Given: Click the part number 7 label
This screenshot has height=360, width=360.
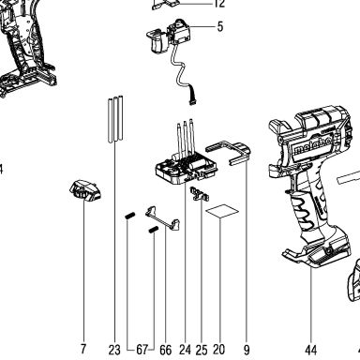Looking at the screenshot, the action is pos(83,349).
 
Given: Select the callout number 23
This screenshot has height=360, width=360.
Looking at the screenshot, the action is pos(114,350).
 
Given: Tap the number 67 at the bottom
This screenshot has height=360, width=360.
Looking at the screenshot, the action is pos(142,350).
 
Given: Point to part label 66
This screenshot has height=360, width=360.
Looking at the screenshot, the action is pos(166,350).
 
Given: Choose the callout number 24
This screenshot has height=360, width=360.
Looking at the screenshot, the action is pos(185,350).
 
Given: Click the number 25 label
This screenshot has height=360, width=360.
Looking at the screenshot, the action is pos(202,350).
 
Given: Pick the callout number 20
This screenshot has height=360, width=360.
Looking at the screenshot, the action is pos(219,350).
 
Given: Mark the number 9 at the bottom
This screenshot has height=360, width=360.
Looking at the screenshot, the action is pos(247,350).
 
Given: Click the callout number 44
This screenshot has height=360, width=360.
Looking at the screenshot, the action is pos(311,350).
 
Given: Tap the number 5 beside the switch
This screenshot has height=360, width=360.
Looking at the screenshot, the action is pos(220,26).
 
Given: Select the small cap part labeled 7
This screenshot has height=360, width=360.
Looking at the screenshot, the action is pos(85,190).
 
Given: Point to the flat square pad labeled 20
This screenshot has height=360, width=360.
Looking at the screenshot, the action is pos(222,212).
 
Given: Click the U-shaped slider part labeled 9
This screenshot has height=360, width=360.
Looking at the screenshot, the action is pos(229,153).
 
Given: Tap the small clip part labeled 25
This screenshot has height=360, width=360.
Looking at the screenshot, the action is pos(200,194).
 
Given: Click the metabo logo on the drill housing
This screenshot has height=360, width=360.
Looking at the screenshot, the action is pos(311,146).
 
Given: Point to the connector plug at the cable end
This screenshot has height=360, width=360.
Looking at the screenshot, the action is pos(193,101).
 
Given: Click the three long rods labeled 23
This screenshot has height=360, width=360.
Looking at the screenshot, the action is pos(115,119).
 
